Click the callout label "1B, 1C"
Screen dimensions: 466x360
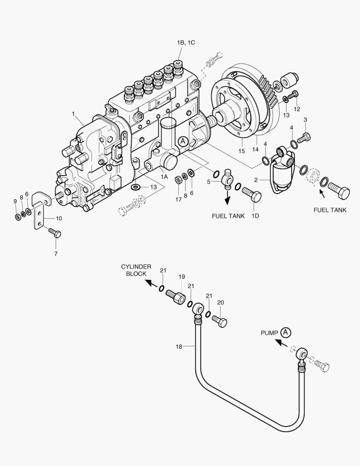pyautogui.click(x=186, y=42)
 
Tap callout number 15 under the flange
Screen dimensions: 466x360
pyautogui.click(x=241, y=151)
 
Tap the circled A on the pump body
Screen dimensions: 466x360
pyautogui.click(x=183, y=141)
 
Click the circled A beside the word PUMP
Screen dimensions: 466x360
pyautogui.click(x=285, y=332)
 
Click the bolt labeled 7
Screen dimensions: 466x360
pyautogui.click(x=55, y=234)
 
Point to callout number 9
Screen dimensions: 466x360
pyautogui.click(x=15, y=202)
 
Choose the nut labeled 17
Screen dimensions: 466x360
pyautogui.click(x=178, y=179)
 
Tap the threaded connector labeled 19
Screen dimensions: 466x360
pyautogui.click(x=175, y=296)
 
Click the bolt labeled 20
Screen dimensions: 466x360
pyautogui.click(x=220, y=321)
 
